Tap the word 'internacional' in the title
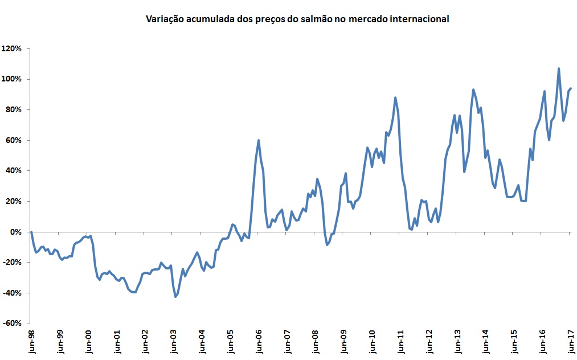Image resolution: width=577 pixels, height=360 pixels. pyautogui.click(x=421, y=19)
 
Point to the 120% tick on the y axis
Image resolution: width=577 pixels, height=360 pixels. pyautogui.click(x=12, y=48)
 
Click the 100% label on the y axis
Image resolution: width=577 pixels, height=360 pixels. pyautogui.click(x=12, y=79)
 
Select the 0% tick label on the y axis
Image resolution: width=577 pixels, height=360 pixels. pyautogui.click(x=15, y=232)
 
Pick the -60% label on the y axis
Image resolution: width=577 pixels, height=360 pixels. pyautogui.click(x=11, y=324)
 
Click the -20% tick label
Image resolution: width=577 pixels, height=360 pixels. pyautogui.click(x=11, y=263)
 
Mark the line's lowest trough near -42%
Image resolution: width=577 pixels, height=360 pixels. pyautogui.click(x=175, y=297)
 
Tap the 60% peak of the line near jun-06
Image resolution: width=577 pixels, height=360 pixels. pyautogui.click(x=259, y=140)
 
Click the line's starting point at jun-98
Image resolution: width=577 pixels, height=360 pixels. pyautogui.click(x=31, y=232)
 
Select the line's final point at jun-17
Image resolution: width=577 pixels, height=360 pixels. pyautogui.click(x=571, y=88)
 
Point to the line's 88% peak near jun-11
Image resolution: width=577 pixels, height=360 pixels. pyautogui.click(x=395, y=97)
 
